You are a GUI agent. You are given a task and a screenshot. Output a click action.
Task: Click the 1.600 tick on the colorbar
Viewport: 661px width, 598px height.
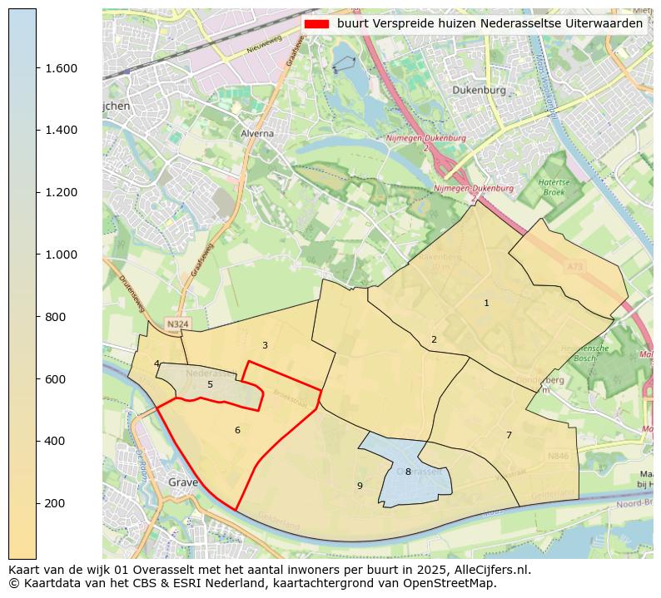37,68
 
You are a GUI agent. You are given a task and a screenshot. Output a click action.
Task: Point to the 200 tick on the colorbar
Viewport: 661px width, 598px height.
37,503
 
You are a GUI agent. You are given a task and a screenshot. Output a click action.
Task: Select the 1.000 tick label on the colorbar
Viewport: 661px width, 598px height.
61,255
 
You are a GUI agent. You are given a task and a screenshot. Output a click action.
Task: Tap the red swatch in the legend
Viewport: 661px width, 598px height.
316,24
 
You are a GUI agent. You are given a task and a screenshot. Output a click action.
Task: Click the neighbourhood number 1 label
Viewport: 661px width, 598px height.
486,304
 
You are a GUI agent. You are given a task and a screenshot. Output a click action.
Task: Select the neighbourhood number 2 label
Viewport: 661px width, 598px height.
434,339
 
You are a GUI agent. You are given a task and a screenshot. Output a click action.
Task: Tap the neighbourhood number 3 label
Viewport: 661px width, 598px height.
265,345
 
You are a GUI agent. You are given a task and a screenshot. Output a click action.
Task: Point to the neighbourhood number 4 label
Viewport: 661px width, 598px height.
157,363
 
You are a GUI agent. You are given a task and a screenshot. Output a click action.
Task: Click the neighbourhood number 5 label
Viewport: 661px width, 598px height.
210,384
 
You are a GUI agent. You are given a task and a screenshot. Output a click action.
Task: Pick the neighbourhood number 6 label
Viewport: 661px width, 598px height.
237,430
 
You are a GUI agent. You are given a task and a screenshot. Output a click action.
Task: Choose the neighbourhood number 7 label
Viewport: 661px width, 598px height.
509,435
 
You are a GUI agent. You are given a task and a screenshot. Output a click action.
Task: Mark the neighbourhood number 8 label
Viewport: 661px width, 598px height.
408,472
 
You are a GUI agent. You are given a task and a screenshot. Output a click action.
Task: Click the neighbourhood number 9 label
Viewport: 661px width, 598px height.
360,486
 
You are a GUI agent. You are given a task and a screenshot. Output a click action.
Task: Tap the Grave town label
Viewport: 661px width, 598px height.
182,482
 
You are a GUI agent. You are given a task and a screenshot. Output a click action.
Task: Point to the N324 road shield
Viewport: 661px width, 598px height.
176,324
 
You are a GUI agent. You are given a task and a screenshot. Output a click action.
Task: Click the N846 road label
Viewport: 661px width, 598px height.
558,456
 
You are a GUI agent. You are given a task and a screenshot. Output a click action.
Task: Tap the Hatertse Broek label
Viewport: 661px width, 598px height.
553,186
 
